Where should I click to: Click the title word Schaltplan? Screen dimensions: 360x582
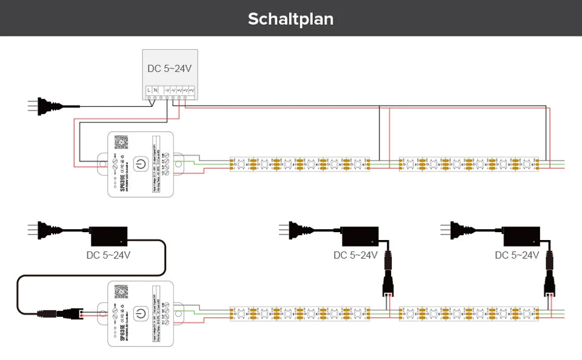click(290, 19)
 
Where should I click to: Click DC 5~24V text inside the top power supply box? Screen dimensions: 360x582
click(170, 68)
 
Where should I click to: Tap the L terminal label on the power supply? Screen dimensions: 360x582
click(149, 90)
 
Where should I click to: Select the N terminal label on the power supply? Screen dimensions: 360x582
click(155, 90)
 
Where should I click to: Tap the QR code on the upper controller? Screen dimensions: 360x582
click(122, 142)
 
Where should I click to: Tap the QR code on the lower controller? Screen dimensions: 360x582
click(122, 292)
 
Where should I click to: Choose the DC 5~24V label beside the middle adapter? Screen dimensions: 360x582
click(355, 255)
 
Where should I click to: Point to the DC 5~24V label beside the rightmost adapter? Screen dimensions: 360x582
click(517, 255)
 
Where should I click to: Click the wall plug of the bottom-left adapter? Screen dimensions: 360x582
click(45, 230)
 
